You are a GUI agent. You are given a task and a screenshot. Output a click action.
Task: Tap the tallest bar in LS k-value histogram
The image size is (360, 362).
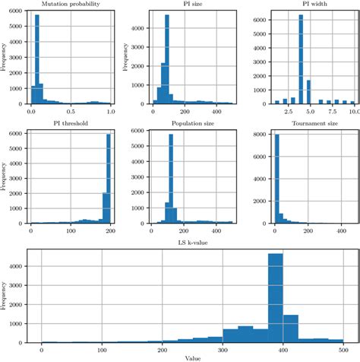click(276, 303)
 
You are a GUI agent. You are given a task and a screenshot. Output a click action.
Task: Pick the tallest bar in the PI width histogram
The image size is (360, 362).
click(302, 59)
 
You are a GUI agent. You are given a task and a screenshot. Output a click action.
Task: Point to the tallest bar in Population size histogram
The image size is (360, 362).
click(171, 179)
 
